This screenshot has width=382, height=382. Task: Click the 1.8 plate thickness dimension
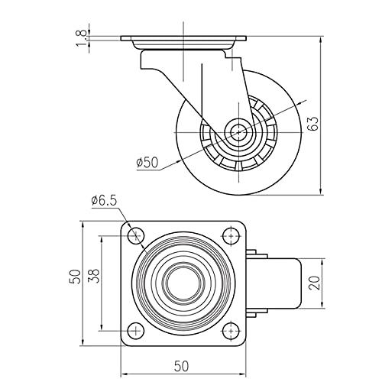click(x=81, y=38)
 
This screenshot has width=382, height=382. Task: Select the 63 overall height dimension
click(x=313, y=124)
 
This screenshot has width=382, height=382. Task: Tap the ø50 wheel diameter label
click(x=147, y=163)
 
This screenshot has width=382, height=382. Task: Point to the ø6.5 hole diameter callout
click(x=104, y=201)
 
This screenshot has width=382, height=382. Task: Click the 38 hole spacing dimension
click(x=93, y=276)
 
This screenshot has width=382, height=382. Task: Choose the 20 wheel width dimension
click(x=316, y=283)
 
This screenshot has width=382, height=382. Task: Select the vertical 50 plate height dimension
click(x=76, y=277)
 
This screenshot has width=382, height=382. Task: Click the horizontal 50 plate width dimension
click(x=182, y=366)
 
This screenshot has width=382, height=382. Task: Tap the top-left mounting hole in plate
click(x=136, y=235)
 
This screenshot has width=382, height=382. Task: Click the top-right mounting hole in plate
click(x=231, y=235)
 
